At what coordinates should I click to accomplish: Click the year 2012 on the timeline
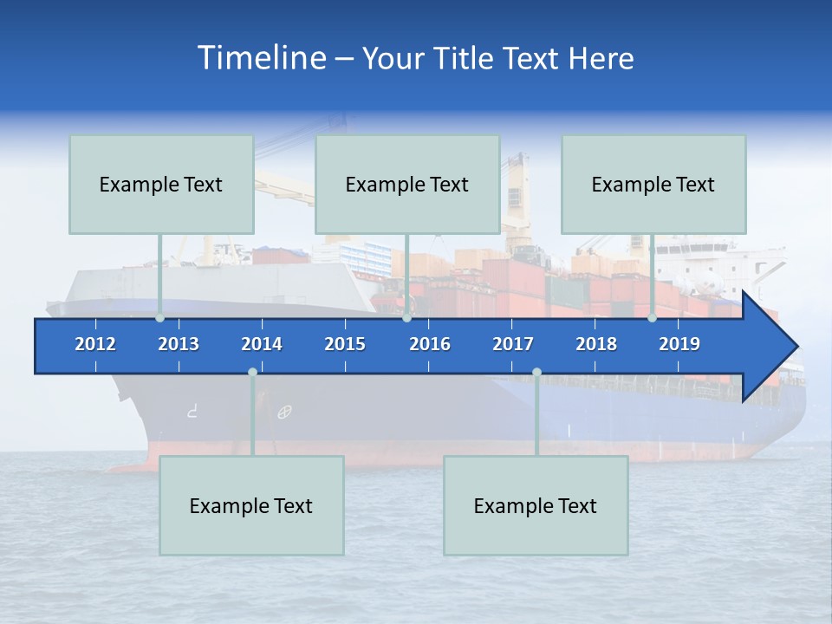(x=95, y=344)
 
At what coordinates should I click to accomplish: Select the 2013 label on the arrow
(x=179, y=344)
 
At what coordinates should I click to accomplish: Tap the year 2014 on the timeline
(x=262, y=344)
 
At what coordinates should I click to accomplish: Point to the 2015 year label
(x=345, y=344)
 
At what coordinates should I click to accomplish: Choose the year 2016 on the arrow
(x=430, y=344)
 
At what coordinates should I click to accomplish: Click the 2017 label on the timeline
(x=513, y=344)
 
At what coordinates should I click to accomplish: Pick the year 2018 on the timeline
(x=596, y=344)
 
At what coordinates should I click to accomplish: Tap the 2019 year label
(x=679, y=344)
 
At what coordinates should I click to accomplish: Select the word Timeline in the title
(x=261, y=58)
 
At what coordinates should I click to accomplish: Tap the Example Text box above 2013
(x=161, y=184)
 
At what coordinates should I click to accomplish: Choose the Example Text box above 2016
(x=407, y=184)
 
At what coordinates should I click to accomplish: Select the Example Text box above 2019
(x=653, y=184)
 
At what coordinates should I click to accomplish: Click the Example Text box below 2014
(x=251, y=505)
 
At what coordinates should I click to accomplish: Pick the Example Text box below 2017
(x=536, y=505)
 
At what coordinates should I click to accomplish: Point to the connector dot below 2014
(x=252, y=373)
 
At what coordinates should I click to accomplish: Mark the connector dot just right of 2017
(x=536, y=373)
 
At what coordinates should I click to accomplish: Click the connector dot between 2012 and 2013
(x=160, y=318)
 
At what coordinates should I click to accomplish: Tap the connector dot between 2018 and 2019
(x=652, y=318)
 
